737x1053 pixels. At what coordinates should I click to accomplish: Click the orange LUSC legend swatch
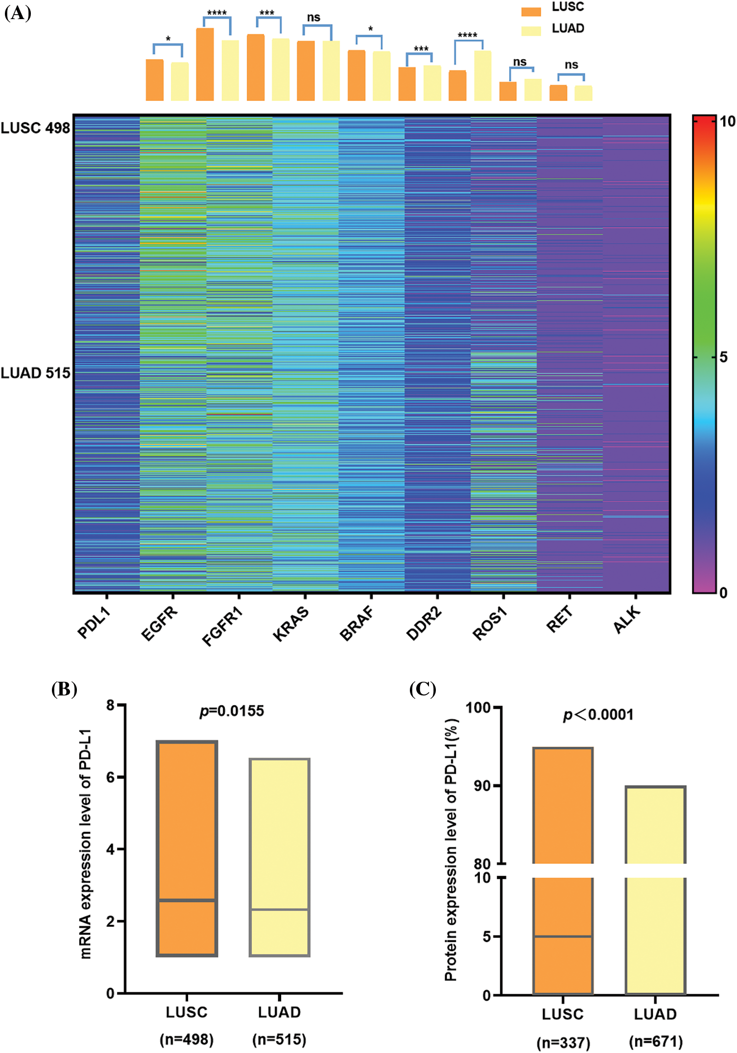tap(531, 11)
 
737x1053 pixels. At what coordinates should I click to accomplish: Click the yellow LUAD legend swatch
tap(531, 30)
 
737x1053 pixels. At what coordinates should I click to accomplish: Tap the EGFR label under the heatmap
tap(160, 622)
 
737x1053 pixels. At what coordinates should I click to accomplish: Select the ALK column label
tap(627, 620)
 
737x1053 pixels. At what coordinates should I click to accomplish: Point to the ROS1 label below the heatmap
tap(489, 623)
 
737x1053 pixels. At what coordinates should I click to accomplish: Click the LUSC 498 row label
tap(35, 128)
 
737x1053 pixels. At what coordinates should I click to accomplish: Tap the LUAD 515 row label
tap(35, 373)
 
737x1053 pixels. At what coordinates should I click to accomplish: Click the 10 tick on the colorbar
tap(727, 121)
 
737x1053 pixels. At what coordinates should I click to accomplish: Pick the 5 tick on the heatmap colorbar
tap(723, 357)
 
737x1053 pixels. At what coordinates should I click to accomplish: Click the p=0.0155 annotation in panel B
tap(232, 711)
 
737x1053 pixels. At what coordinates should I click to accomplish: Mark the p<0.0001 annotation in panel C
tap(598, 715)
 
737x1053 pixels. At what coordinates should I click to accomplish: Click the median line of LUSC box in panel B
tap(187, 900)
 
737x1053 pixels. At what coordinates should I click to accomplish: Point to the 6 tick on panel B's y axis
tap(111, 777)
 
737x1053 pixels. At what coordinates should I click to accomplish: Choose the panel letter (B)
tap(64, 689)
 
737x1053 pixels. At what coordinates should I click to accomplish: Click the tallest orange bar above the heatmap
tap(205, 64)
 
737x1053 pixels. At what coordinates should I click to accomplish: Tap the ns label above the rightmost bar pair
tap(571, 65)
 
